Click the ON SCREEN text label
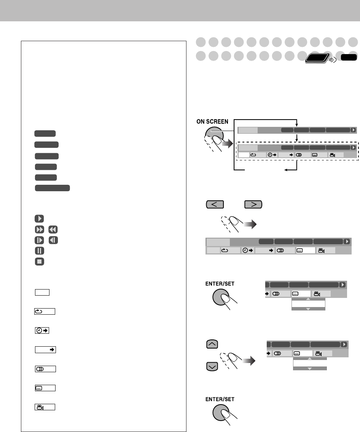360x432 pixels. [x=212, y=122]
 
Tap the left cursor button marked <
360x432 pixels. [x=215, y=205]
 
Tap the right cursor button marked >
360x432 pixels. [x=253, y=205]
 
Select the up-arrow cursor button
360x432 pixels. [x=212, y=344]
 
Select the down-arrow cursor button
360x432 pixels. [x=212, y=366]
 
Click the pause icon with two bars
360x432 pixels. [x=39, y=251]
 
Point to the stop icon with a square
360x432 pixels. [x=39, y=261]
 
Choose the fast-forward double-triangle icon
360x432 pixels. [x=39, y=229]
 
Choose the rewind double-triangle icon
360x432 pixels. [x=53, y=229]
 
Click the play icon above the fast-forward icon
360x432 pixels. [x=39, y=219]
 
